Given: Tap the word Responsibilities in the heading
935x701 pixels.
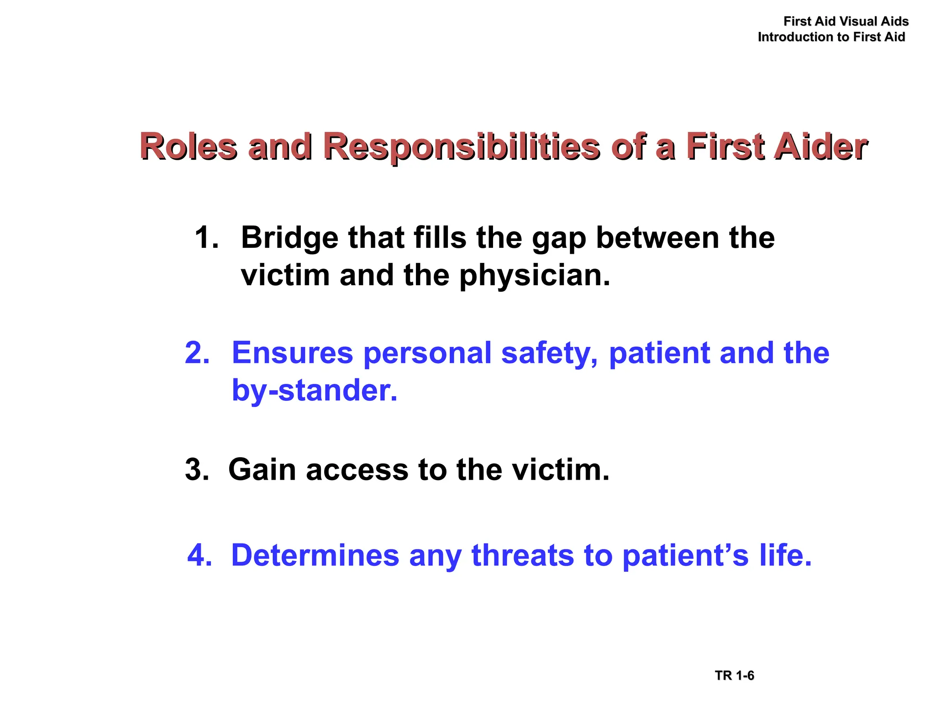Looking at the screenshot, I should (461, 147).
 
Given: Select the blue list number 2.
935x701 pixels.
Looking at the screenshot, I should (197, 353).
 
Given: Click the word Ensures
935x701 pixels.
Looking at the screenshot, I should (292, 353).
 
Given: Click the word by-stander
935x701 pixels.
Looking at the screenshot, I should (314, 391).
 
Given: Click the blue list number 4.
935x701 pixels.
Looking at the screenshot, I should (200, 555).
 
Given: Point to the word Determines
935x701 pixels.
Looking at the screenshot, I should (315, 555).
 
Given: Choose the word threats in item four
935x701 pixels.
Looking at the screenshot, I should (522, 555).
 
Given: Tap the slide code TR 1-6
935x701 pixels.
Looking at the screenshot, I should (734, 675).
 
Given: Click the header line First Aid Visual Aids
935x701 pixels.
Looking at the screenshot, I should (846, 21).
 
